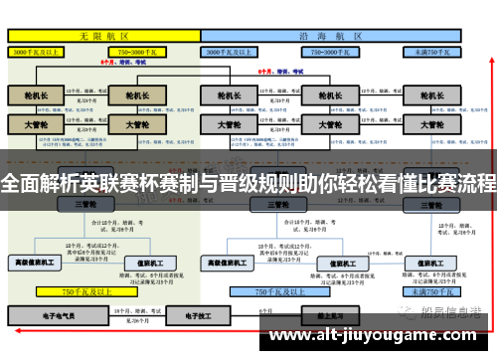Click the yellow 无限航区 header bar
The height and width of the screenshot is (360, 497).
pos(103,35)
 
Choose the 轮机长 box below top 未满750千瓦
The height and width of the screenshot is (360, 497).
pos(431,96)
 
